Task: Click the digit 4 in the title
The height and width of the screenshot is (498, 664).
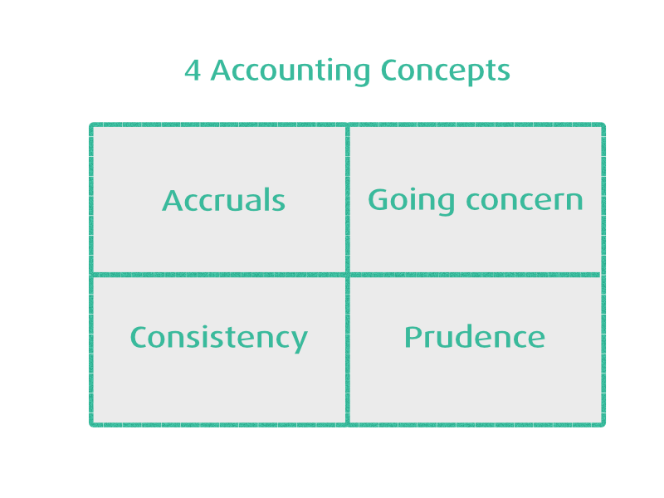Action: pyautogui.click(x=193, y=71)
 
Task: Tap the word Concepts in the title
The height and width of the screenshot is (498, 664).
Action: pyautogui.click(x=445, y=72)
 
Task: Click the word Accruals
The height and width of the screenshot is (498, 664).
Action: pyautogui.click(x=223, y=200)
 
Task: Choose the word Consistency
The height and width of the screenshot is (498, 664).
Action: pyautogui.click(x=218, y=338)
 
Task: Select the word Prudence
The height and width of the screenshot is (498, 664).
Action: pyautogui.click(x=474, y=337)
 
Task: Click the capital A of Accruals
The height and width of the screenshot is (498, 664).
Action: pyautogui.click(x=172, y=200)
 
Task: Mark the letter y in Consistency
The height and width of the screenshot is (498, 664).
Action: pyautogui.click(x=299, y=340)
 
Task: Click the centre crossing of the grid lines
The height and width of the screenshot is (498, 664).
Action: pyautogui.click(x=348, y=274)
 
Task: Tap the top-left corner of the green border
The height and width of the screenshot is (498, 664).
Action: pyautogui.click(x=92, y=125)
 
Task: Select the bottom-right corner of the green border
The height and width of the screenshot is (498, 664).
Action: pyautogui.click(x=603, y=424)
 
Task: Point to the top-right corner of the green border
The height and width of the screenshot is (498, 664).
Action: pyautogui.click(x=603, y=125)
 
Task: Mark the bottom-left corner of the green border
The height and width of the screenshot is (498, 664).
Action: pyautogui.click(x=92, y=424)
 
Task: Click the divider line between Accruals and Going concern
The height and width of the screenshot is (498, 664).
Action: pyautogui.click(x=348, y=199)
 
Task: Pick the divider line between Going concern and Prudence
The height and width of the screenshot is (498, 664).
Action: pyautogui.click(x=475, y=274)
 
